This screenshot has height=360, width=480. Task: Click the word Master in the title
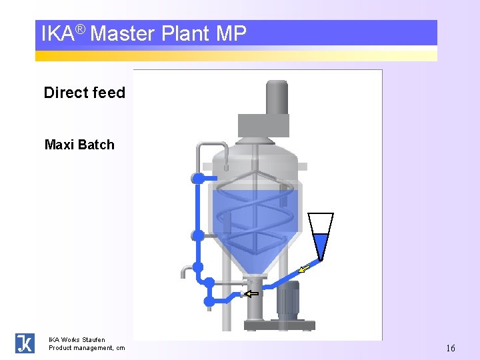tap(121, 33)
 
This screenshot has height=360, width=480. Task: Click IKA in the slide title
tap(57, 34)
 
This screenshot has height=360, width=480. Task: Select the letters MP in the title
tap(231, 33)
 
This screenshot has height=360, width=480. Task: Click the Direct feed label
tap(84, 93)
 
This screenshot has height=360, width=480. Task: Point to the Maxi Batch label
tap(79, 145)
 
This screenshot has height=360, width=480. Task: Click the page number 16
tap(451, 348)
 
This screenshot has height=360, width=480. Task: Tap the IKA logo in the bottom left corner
tap(25, 343)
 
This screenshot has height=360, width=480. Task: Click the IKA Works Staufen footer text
tap(77, 340)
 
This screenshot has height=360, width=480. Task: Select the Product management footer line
tap(87, 348)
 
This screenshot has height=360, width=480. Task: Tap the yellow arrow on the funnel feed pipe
tap(304, 269)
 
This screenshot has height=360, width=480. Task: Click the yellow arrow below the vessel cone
tap(251, 293)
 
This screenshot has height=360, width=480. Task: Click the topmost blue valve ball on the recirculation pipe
tap(197, 178)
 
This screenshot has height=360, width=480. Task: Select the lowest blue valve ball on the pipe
tap(209, 301)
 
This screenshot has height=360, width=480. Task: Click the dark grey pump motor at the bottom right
tap(288, 298)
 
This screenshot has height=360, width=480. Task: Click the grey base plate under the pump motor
tap(279, 325)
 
